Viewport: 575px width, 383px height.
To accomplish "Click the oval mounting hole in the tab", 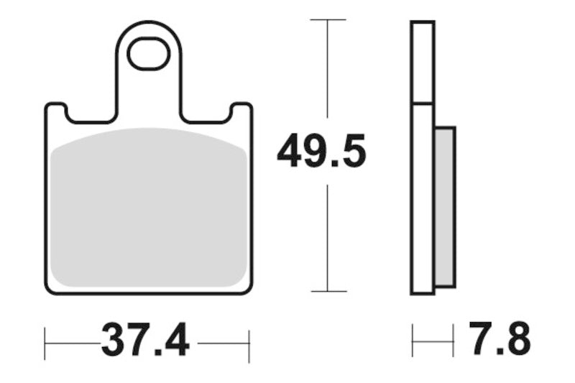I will pyautogui.click(x=148, y=55).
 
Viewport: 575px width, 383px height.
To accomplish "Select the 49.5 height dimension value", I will pyautogui.click(x=321, y=152).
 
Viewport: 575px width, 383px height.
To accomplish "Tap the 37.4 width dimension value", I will pyautogui.click(x=145, y=340).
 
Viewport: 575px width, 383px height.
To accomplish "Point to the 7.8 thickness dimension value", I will pyautogui.click(x=499, y=340).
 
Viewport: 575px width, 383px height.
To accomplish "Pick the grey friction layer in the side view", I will pyautogui.click(x=445, y=206).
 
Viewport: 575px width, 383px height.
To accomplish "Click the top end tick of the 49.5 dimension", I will pyautogui.click(x=328, y=19).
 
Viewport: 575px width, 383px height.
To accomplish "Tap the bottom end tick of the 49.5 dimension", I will pyautogui.click(x=328, y=291).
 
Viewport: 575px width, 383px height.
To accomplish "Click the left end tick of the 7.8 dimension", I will pyautogui.click(x=413, y=340).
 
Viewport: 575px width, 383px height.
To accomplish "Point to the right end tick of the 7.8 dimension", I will pyautogui.click(x=454, y=340).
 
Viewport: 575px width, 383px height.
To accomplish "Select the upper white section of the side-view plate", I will pyautogui.click(x=423, y=63).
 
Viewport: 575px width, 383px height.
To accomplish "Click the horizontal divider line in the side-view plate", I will pyautogui.click(x=423, y=104).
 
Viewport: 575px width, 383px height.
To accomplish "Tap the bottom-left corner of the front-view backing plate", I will pyautogui.click(x=48, y=290).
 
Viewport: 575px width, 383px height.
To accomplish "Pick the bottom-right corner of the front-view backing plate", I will pyautogui.click(x=249, y=290).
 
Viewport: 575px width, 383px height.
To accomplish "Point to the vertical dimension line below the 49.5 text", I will pyautogui.click(x=328, y=237).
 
